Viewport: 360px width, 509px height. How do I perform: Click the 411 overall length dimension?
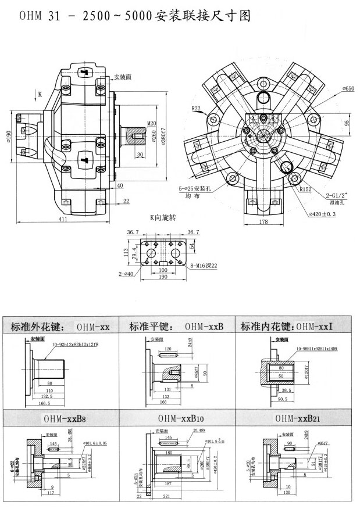(x=62, y=220)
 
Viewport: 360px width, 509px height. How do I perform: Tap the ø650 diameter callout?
(x=349, y=88)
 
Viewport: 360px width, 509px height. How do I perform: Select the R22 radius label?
(x=197, y=109)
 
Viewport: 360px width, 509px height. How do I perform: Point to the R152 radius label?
(x=305, y=189)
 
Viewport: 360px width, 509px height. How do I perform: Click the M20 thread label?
(x=152, y=123)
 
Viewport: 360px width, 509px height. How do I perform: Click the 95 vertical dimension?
(x=347, y=123)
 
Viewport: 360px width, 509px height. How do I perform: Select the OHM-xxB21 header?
(x=297, y=417)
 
